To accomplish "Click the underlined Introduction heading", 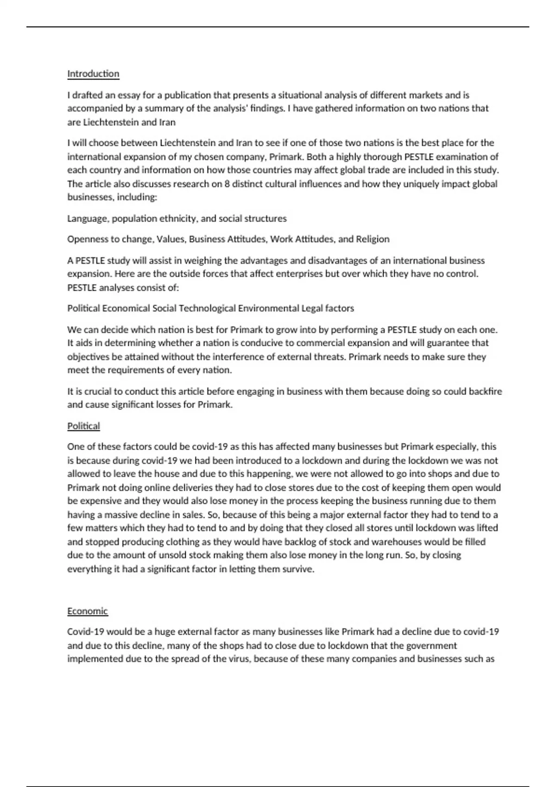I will pos(93,74).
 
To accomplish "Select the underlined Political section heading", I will pos(83,426).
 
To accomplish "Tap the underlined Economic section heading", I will pos(88,611).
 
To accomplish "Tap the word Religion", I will pos(373,239).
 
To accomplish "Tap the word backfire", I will pos(485,392).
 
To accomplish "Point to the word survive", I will pos(297,569).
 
